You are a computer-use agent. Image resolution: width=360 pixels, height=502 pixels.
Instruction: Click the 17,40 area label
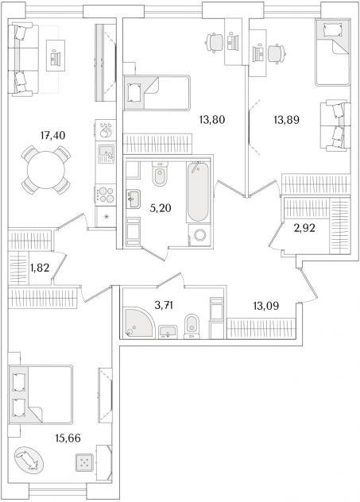(52, 136)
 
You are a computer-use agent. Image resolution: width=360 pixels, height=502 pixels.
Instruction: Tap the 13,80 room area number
(212, 120)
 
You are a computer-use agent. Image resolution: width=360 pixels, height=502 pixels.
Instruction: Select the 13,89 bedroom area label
(286, 120)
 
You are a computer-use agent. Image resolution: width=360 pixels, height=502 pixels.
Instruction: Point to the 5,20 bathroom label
(161, 208)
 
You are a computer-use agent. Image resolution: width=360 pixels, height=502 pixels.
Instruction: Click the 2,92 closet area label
(304, 228)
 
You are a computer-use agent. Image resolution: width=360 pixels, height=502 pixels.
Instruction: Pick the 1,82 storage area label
(40, 268)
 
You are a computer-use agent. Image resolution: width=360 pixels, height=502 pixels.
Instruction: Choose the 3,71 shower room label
(164, 306)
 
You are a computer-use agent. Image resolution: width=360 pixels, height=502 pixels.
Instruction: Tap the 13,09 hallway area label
(266, 306)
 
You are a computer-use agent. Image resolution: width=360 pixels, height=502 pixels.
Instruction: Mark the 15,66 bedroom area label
(68, 438)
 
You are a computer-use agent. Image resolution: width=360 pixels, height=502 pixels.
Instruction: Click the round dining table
(46, 170)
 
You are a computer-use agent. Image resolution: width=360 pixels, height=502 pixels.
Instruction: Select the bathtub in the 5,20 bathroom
(198, 191)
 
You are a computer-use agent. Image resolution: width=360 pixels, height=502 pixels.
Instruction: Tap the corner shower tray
(138, 322)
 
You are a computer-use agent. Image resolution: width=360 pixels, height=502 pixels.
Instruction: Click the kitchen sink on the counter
(106, 154)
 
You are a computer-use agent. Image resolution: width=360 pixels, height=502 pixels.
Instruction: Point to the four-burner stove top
(106, 195)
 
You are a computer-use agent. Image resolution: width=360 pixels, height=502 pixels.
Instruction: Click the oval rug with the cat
(29, 460)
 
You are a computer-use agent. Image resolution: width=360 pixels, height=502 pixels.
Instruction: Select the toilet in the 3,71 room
(192, 326)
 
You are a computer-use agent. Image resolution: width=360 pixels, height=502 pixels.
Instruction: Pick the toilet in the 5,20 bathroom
(160, 174)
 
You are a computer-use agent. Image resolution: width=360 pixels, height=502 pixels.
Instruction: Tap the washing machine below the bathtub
(199, 235)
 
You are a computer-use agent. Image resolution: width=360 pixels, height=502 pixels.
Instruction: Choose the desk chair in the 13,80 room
(215, 42)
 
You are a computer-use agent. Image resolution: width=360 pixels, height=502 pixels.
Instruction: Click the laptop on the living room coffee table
(55, 57)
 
